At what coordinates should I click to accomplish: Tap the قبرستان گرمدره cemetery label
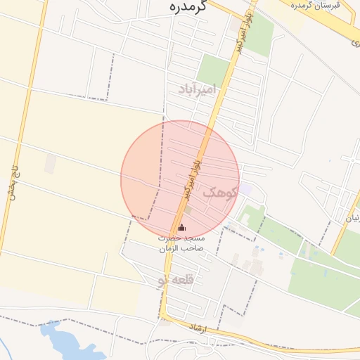coord(316,5)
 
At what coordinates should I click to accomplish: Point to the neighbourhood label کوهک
coord(221,193)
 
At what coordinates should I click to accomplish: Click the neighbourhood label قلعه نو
coord(174,281)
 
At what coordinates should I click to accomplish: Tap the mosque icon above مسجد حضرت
coord(182,228)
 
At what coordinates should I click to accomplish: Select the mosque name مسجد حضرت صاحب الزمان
coord(181,243)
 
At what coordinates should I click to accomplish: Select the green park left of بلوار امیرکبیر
coord(213,70)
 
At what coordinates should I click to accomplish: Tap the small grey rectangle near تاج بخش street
coord(50,164)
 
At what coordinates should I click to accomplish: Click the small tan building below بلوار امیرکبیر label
coord(188,210)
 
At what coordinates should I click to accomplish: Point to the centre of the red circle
coord(180,180)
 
